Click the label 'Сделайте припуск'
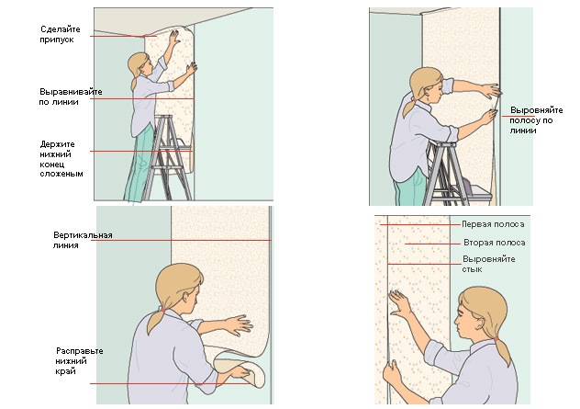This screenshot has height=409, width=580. pyautogui.click(x=60, y=34)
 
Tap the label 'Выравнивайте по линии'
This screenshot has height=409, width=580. pyautogui.click(x=71, y=97)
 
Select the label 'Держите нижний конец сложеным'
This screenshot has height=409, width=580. pyautogui.click(x=61, y=159)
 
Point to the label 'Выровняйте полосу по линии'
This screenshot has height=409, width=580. pyautogui.click(x=536, y=120)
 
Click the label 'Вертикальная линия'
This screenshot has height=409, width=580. pyautogui.click(x=83, y=240)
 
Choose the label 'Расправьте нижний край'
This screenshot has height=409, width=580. pyautogui.click(x=79, y=361)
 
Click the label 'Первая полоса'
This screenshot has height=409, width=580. pyautogui.click(x=493, y=224)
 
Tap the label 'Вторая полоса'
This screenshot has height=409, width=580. pyautogui.click(x=495, y=243)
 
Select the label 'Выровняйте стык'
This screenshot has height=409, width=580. pyautogui.click(x=488, y=264)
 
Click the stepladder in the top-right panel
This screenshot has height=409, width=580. pyautogui.click(x=450, y=174)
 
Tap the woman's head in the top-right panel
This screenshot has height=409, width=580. pyautogui.click(x=427, y=86)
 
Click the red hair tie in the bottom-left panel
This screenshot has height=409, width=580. pyautogui.click(x=162, y=309)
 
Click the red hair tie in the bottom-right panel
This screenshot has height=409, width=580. pyautogui.click(x=496, y=338)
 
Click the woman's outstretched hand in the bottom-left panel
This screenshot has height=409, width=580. pyautogui.click(x=240, y=325)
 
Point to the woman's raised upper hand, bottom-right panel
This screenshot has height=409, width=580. pyautogui.click(x=398, y=302)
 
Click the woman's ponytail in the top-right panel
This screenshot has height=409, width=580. pyautogui.click(x=410, y=107)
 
